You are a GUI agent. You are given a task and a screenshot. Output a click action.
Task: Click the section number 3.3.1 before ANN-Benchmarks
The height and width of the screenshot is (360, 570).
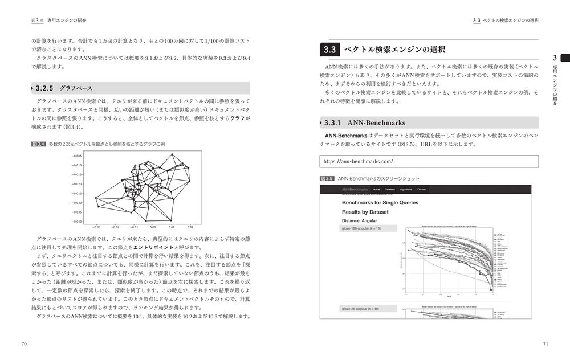pyautogui.click(x=340, y=122)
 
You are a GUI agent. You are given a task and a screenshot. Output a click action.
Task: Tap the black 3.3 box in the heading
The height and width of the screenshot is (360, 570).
pyautogui.click(x=330, y=50)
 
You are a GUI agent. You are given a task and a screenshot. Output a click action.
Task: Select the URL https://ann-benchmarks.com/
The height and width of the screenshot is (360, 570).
pyautogui.click(x=359, y=162)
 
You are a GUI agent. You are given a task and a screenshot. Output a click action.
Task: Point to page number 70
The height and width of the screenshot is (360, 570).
pyautogui.click(x=24, y=343)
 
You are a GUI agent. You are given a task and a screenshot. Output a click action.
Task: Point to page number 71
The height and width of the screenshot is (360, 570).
pyautogui.click(x=545, y=343)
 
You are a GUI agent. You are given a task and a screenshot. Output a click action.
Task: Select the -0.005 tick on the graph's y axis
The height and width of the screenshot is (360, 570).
pyautogui.click(x=77, y=154)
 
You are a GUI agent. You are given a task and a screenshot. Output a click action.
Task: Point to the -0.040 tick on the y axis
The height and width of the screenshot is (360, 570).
pyautogui.click(x=77, y=222)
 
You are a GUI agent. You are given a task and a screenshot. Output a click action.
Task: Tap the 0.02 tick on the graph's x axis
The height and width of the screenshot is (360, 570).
pyautogui.click(x=190, y=227)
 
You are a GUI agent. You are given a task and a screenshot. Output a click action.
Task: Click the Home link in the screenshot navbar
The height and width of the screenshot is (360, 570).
pyautogui.click(x=376, y=189)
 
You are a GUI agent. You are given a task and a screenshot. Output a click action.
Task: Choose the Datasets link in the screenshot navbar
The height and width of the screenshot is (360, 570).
pyautogui.click(x=390, y=189)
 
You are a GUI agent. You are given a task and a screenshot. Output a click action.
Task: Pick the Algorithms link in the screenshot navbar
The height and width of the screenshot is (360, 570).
pyautogui.click(x=406, y=189)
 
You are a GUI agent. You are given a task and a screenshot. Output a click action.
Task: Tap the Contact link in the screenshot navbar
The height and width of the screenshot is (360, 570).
pyautogui.click(x=422, y=189)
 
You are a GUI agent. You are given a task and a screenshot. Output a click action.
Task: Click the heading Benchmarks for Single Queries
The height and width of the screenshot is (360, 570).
pyautogui.click(x=380, y=202)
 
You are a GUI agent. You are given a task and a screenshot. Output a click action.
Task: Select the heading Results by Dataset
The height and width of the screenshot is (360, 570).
pyautogui.click(x=365, y=212)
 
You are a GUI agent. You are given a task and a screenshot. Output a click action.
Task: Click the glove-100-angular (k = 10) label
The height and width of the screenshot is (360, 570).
pyautogui.click(x=361, y=228)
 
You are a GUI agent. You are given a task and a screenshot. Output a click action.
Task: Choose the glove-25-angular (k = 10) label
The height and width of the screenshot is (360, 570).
pyautogui.click(x=360, y=309)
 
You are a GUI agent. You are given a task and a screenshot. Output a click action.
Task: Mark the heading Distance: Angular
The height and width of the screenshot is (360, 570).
pyautogui.click(x=360, y=220)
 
